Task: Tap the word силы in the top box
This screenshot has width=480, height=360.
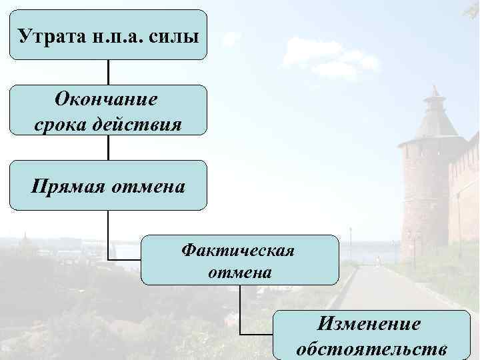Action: click(175, 35)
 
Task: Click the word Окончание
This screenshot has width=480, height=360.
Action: click(108, 100)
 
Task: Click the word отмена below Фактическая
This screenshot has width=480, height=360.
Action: click(239, 272)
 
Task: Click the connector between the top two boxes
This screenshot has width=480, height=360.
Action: click(108, 72)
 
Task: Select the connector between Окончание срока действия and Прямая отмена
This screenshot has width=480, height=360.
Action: click(108, 147)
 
